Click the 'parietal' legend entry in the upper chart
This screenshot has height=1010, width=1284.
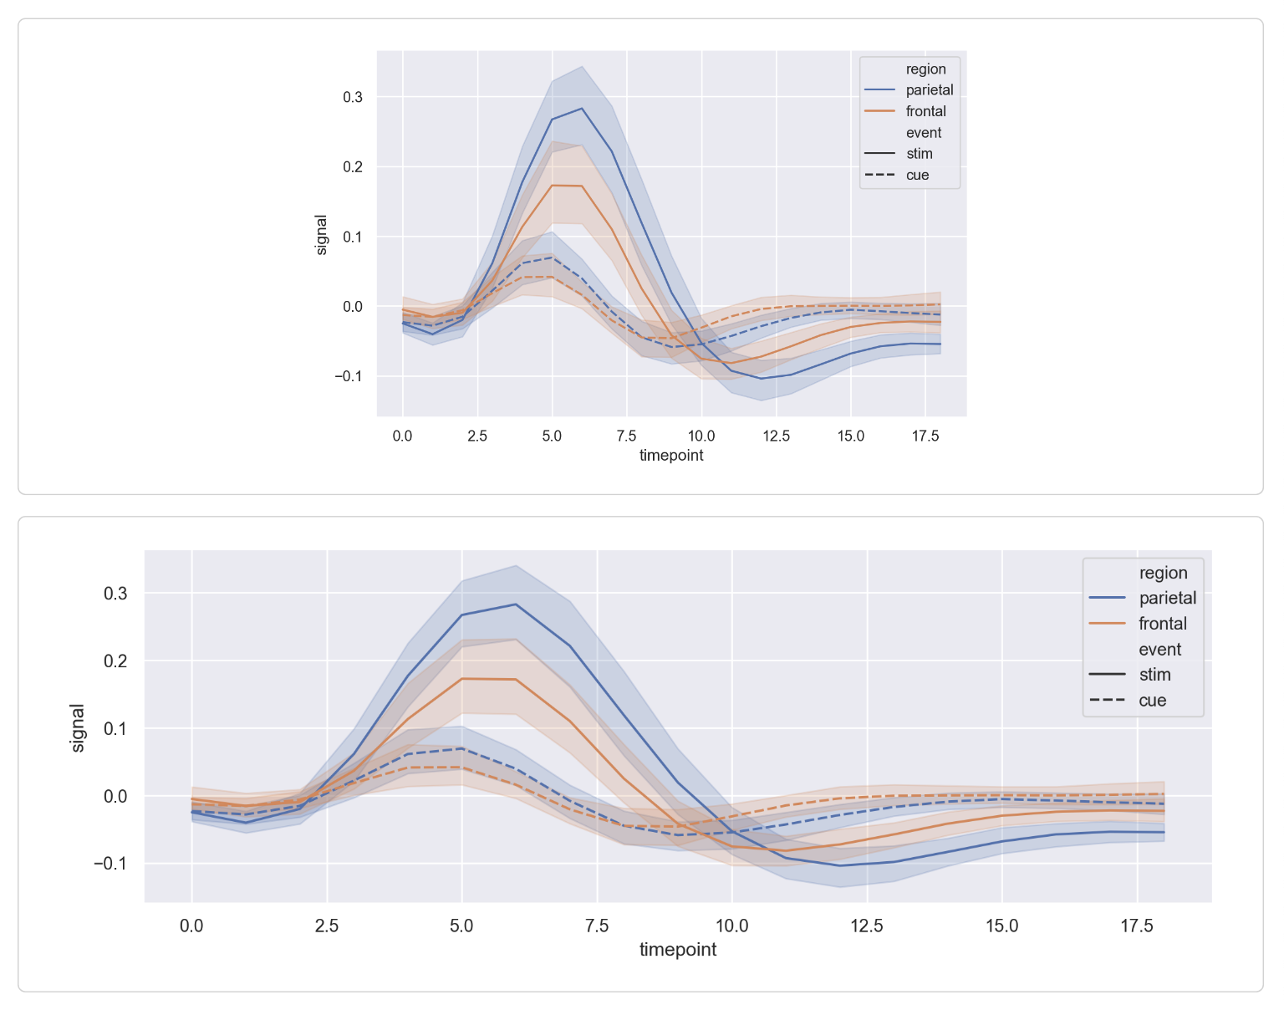(x=929, y=90)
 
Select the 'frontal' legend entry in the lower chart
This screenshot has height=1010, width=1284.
(x=1162, y=624)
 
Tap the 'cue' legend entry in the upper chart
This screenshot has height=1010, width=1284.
(x=917, y=176)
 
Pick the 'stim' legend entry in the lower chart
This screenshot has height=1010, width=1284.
(x=1154, y=675)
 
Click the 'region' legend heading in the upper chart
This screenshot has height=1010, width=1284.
(x=925, y=69)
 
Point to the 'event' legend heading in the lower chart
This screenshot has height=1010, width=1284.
(x=1159, y=650)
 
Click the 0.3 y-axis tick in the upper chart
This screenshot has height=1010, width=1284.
(x=353, y=97)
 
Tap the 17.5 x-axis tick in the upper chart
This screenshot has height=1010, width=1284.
(x=925, y=436)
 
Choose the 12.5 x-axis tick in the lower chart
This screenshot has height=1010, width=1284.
(x=867, y=926)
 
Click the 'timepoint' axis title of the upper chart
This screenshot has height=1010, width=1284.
(x=671, y=456)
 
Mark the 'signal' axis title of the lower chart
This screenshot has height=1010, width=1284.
(x=78, y=727)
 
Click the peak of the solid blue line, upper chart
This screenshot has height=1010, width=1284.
(x=582, y=108)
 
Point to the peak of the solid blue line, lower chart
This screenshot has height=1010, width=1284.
(x=516, y=604)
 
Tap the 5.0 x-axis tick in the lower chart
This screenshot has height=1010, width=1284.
(x=461, y=926)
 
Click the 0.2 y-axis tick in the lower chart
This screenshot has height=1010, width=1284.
(x=115, y=661)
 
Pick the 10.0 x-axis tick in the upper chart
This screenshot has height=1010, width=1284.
(x=701, y=436)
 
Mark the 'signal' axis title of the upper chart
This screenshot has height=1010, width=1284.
(x=322, y=234)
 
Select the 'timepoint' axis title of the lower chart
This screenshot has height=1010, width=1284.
(x=678, y=950)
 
